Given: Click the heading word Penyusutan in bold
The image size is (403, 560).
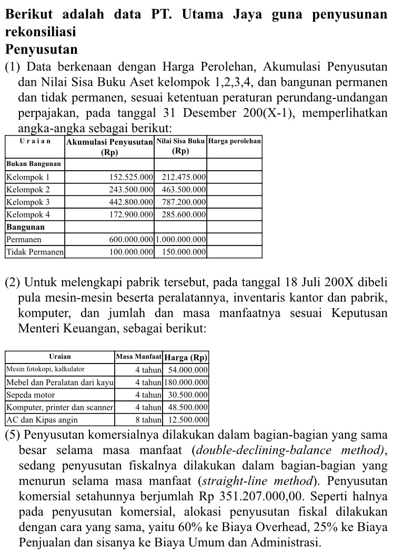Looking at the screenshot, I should pos(42,50).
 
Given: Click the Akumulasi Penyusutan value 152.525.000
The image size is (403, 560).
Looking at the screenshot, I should pos(130,176).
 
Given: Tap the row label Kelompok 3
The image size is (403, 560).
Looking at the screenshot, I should pos(28,202).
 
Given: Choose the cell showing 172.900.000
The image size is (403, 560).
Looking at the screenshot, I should pos(130,214).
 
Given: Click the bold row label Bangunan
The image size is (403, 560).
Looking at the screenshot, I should pos(26,227).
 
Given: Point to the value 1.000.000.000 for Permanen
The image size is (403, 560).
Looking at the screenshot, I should pos(181,240).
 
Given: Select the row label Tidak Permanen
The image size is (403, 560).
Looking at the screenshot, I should pos(35,252).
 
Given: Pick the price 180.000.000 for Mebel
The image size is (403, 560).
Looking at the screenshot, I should pos(186,382).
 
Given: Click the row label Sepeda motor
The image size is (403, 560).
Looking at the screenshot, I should pos(31,395).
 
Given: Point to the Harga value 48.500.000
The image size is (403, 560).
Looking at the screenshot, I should pos(188,407).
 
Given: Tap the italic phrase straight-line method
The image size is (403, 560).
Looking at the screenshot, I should pos(245,481).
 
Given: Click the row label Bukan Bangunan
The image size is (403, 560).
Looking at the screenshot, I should pos(34,164).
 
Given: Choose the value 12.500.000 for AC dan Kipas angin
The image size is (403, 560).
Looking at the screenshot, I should pos(188,420).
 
